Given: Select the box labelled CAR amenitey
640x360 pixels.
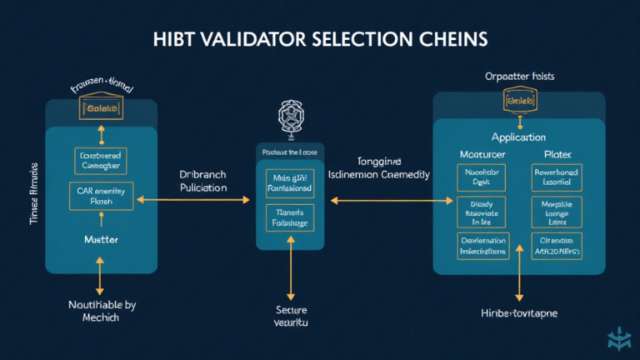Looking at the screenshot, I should click(x=100, y=195).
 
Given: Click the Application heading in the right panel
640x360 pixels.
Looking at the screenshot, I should click(x=518, y=137).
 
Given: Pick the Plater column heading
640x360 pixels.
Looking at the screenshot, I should click(x=557, y=154).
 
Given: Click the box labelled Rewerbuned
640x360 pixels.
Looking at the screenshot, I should click(x=557, y=176).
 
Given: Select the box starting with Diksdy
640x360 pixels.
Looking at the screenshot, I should click(x=482, y=212).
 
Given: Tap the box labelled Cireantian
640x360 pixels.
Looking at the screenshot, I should click(x=557, y=246).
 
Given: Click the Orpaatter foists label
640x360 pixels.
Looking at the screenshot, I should click(x=518, y=76).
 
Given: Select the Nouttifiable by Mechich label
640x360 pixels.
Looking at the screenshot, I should click(x=100, y=311).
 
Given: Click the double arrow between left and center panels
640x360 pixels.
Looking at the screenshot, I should click(x=192, y=200).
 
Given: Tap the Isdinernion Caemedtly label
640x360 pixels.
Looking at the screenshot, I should click(x=379, y=175).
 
